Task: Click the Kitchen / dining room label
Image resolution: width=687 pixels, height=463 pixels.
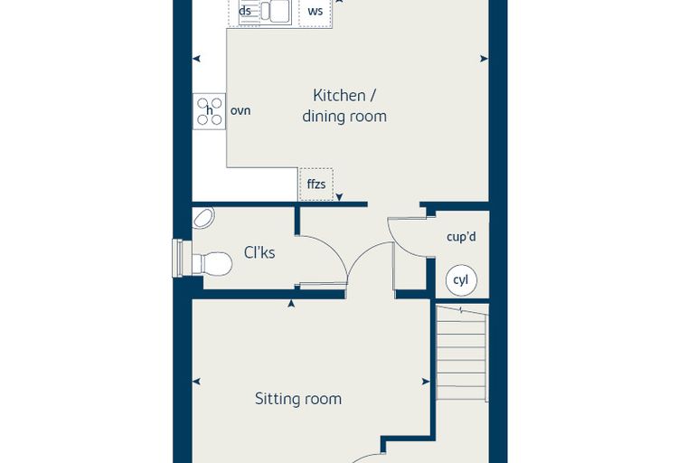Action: (x=344, y=106)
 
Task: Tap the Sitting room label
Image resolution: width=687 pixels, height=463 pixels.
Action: (x=298, y=399)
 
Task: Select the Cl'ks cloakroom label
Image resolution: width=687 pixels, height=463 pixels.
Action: (x=259, y=252)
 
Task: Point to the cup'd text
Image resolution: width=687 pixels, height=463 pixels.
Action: (x=461, y=237)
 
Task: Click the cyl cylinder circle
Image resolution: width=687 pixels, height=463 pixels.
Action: (x=461, y=280)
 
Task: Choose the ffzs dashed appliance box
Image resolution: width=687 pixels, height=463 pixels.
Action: (x=315, y=184)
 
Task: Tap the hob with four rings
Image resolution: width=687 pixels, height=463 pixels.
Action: (x=209, y=111)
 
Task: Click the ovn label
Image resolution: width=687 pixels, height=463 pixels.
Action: (x=240, y=110)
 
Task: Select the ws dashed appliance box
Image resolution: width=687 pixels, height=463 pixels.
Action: (x=315, y=13)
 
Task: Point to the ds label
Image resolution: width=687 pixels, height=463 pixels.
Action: (x=245, y=11)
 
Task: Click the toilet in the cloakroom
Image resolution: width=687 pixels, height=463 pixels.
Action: (x=212, y=263)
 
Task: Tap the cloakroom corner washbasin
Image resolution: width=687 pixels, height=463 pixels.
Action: (x=203, y=218)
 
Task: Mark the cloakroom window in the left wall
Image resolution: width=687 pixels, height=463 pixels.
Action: (x=177, y=259)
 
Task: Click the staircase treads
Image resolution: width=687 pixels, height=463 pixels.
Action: (x=462, y=354)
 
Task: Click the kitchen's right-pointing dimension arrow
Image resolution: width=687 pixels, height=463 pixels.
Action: (x=484, y=58)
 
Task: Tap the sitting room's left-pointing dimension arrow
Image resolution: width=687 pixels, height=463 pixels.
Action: (x=196, y=382)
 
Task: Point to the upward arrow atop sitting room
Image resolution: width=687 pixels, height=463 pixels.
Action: (x=291, y=304)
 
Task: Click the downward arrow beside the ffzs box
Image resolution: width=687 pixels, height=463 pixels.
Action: (x=339, y=197)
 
